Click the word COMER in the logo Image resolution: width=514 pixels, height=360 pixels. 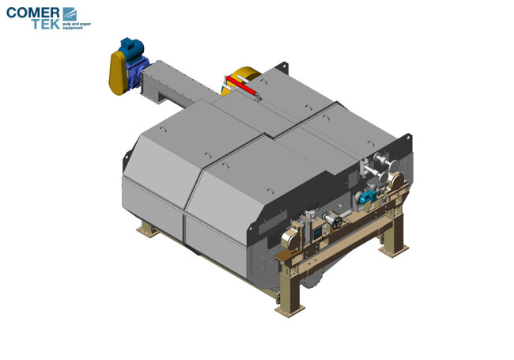(32, 13)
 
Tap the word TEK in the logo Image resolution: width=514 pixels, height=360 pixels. (46, 25)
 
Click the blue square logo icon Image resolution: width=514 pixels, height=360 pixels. (70, 13)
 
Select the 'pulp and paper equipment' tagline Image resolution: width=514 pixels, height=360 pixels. (77, 26)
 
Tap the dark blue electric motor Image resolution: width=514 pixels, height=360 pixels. (131, 49)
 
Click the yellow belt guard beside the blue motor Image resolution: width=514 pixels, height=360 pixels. (117, 73)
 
